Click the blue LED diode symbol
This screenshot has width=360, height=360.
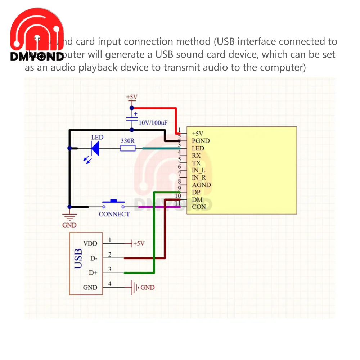[95, 148]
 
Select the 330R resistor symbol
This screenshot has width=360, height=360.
[127, 148]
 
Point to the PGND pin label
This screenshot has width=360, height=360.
[201, 141]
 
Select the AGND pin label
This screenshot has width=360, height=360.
[201, 185]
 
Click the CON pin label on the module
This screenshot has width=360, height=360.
[199, 207]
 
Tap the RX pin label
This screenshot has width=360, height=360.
[197, 156]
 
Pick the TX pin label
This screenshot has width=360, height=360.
[197, 163]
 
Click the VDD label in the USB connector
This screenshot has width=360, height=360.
[90, 244]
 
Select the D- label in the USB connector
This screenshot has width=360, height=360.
[93, 258]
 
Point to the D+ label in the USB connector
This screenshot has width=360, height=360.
[93, 273]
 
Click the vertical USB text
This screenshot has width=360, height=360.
[78, 258]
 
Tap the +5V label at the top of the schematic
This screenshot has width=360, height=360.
[132, 97]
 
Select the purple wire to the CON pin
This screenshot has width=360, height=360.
[155, 207]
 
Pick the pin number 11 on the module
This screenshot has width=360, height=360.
[177, 203]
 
